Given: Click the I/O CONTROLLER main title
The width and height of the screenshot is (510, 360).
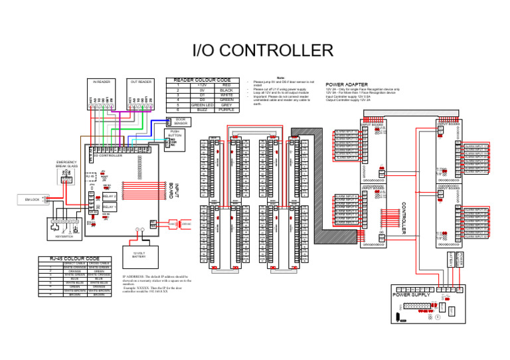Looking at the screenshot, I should point(262,51).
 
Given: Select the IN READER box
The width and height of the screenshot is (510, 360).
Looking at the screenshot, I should point(101,93).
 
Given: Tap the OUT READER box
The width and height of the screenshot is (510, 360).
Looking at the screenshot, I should point(141,93).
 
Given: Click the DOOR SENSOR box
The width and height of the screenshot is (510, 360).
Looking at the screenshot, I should point(180,122).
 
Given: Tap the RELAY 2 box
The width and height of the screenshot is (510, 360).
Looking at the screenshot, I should point(110,197).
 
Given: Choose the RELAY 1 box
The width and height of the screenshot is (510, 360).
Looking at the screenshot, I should point(110,207).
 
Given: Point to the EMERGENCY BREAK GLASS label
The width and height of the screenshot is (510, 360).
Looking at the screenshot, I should point(68,164).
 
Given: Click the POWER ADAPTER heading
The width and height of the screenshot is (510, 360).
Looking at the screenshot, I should point(343,84).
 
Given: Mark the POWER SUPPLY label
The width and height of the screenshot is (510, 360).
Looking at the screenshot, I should point(412,294).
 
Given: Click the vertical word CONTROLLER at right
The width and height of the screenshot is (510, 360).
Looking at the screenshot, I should point(403,219).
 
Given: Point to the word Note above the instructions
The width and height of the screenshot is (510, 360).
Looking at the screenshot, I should point(280,77).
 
